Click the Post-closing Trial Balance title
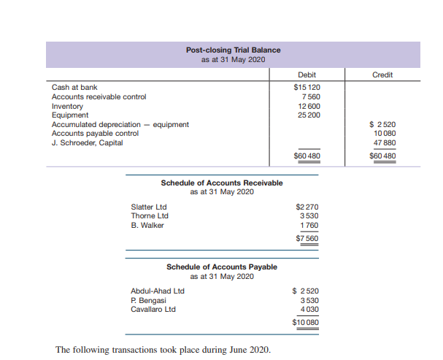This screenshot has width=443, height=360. coord(233,50)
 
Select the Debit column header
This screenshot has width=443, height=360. coord(307,75)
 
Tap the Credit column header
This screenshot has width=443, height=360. coord(382,75)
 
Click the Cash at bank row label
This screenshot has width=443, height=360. coord(74,88)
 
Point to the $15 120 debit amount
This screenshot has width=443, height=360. coord(307,88)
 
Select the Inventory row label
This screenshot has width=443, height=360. coord(67,106)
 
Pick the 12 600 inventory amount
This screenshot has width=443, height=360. coord(309,106)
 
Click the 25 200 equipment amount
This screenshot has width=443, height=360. coord(309,115)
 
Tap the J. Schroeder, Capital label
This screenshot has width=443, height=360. coord(87,142)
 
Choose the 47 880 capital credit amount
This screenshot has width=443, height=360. coord(384,142)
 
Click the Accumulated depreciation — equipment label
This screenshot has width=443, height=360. coord(120,124)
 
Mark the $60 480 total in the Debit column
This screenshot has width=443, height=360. coord(307,156)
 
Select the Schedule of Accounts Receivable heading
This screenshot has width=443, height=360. coord(221,183)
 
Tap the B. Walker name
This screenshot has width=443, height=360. coord(147,225)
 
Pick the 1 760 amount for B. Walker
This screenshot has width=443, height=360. coord(309,225)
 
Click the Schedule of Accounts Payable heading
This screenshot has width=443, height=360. coord(222,267)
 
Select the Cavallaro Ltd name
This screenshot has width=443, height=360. coord(153,309)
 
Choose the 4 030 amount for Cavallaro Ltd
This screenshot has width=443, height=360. coord(309,309)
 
